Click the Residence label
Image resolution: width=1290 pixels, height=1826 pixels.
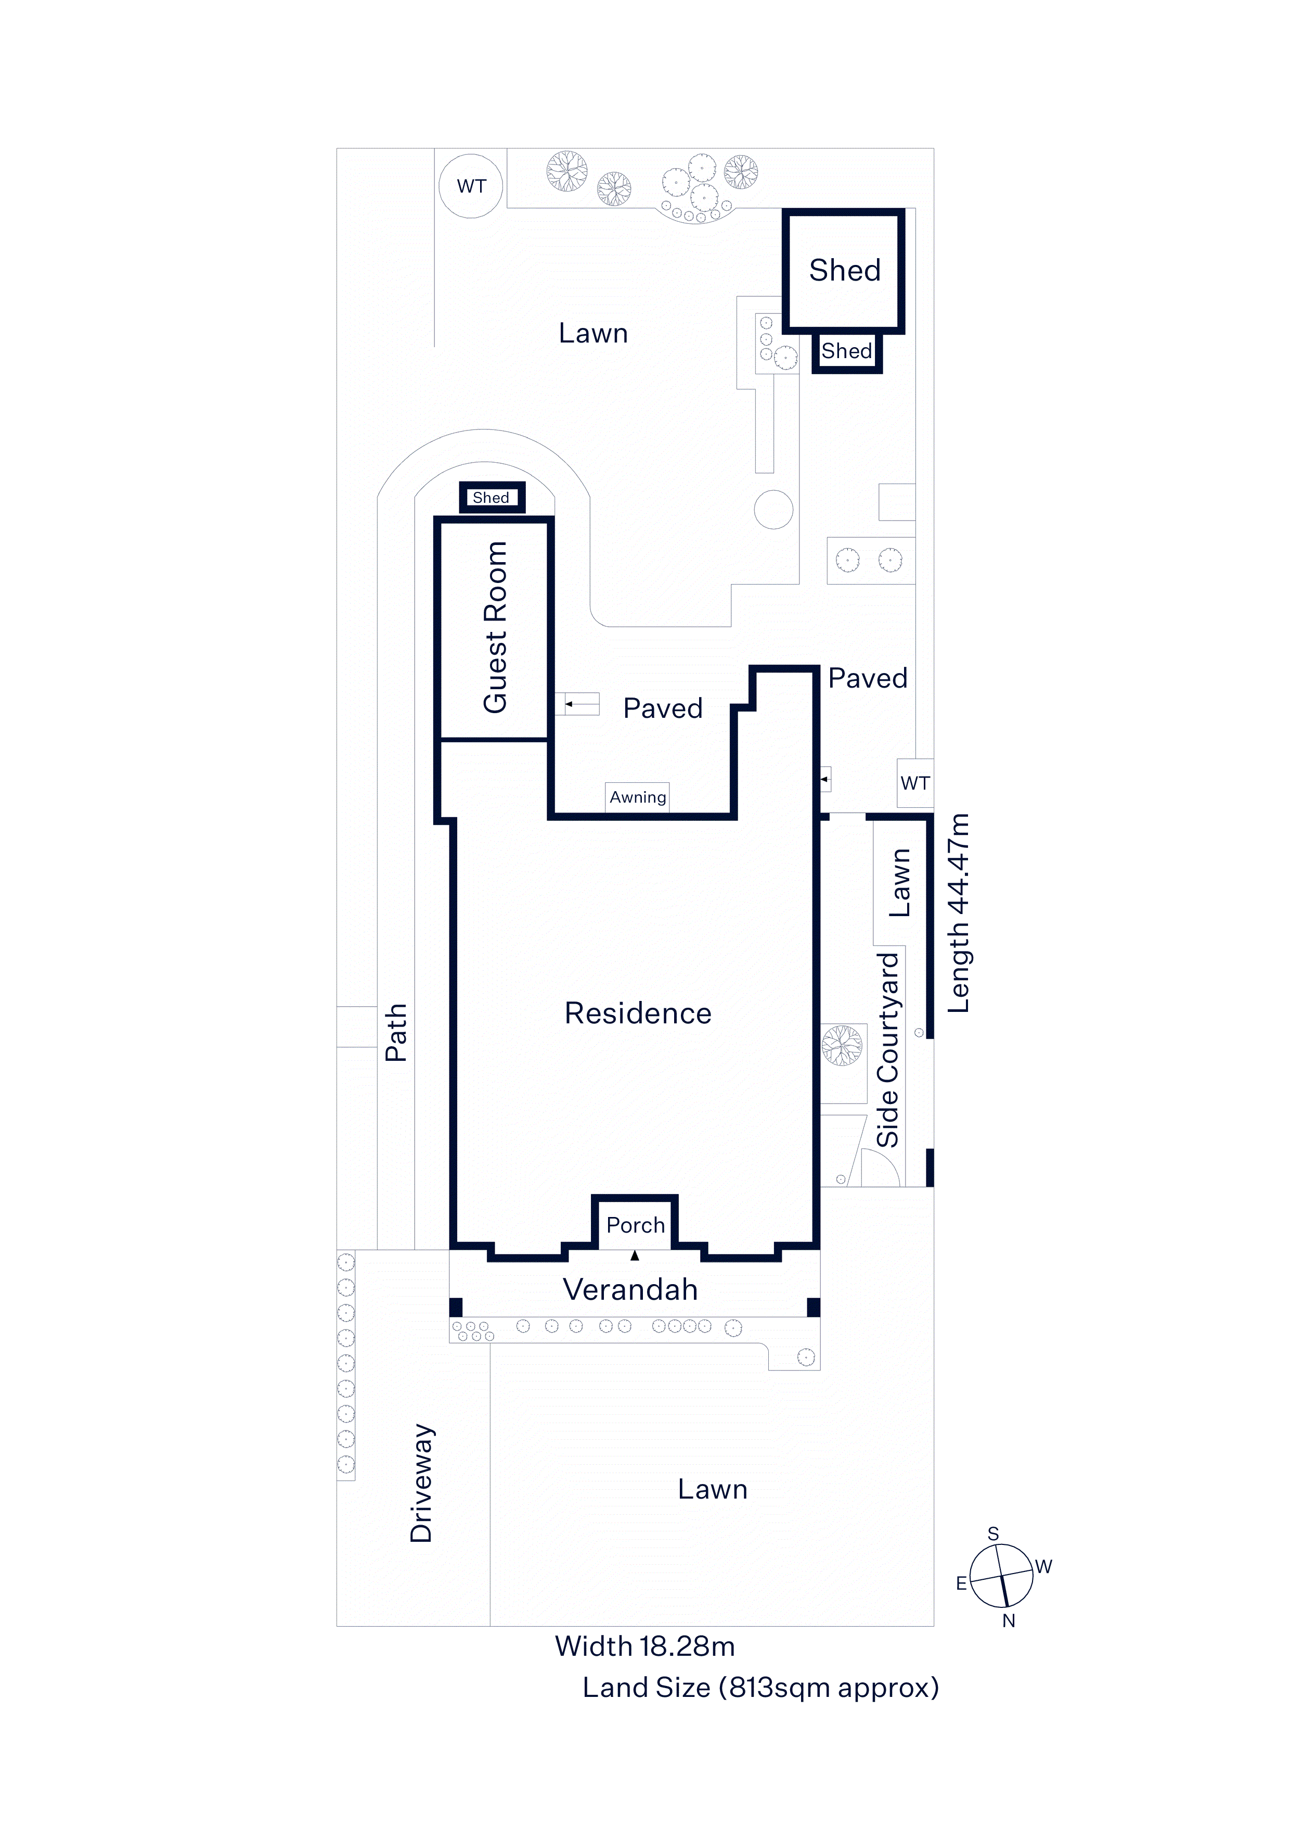click(x=637, y=1013)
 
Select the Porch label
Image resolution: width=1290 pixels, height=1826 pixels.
click(x=635, y=1225)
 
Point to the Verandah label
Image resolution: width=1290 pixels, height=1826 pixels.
click(x=630, y=1289)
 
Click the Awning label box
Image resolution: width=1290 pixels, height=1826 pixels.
click(x=637, y=797)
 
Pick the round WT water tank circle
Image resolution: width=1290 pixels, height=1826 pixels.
click(x=471, y=186)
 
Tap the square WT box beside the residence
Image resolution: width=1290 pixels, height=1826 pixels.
click(x=915, y=783)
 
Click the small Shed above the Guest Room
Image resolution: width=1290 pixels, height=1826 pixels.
click(x=492, y=498)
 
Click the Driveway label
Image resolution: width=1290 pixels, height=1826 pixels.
click(x=421, y=1483)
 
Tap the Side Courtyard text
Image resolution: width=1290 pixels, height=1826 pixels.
click(x=888, y=1050)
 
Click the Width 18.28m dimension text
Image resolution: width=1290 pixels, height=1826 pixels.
click(x=644, y=1646)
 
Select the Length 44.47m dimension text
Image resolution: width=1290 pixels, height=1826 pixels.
click(x=959, y=913)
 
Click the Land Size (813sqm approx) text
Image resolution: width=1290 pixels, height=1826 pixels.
click(x=760, y=1688)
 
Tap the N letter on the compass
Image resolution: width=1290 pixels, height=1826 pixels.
click(x=1009, y=1621)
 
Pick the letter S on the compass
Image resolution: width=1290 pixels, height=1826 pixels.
click(x=993, y=1533)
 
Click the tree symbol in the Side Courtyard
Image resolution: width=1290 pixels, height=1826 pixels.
click(x=842, y=1045)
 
